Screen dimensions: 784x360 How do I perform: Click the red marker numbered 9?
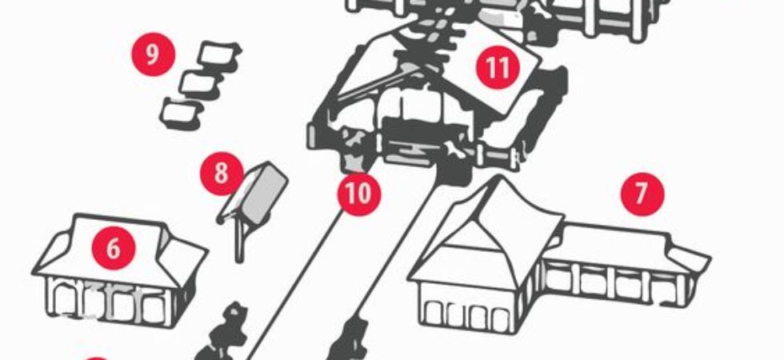coord(153,54)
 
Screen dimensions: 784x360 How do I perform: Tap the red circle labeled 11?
coord(498,67)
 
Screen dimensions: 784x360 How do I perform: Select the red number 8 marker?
coord(222,174)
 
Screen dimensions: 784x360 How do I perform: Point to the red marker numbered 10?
coord(359,194)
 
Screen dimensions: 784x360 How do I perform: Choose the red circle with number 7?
coord(642,194)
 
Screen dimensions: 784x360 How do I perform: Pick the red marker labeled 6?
coord(114,248)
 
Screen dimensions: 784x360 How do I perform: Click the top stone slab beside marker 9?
coord(220,55)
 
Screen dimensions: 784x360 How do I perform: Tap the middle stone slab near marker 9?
coord(201,85)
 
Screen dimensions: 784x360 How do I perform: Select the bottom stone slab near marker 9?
coord(181,114)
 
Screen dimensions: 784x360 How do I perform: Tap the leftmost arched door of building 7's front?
coord(433,315)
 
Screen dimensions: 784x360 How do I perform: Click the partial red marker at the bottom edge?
coord(97,358)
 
